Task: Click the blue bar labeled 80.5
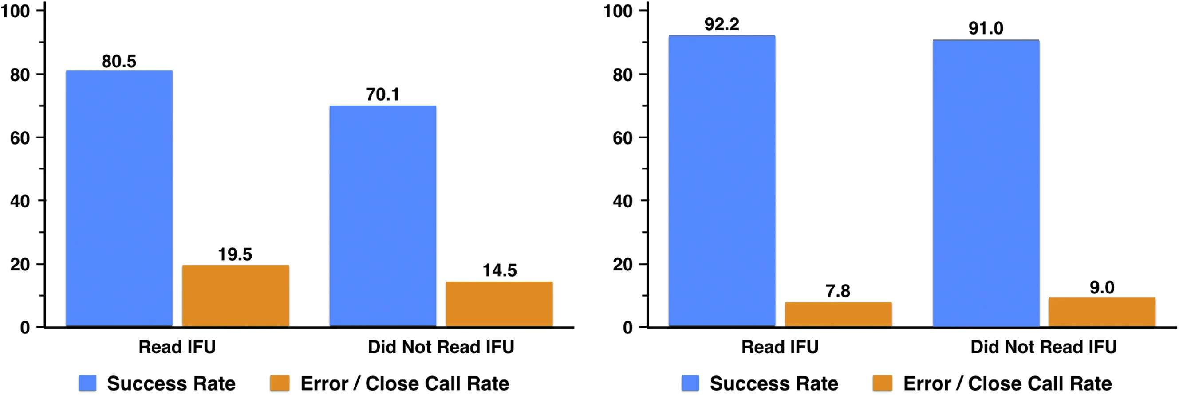coord(119,199)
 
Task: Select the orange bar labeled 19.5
coord(235,296)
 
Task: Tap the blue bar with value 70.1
coord(382,216)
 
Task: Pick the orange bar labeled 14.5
coord(499,304)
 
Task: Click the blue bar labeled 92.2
coord(722,181)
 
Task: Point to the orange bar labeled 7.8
coord(838,315)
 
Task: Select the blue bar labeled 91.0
coord(986,184)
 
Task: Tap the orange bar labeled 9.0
coord(1102,312)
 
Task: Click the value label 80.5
coord(119,61)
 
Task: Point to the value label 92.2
coord(722,24)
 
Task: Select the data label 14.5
coord(499,270)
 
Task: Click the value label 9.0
coord(1102,288)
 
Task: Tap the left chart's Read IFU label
coord(177,347)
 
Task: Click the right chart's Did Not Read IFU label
coord(1044,347)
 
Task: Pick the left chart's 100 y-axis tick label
coord(16,11)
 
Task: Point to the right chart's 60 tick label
coord(623,137)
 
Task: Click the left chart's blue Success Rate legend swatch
coord(87,383)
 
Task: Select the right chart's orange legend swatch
coord(882,383)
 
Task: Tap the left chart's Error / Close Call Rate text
coord(405,383)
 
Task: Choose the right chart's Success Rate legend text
coord(774,383)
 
